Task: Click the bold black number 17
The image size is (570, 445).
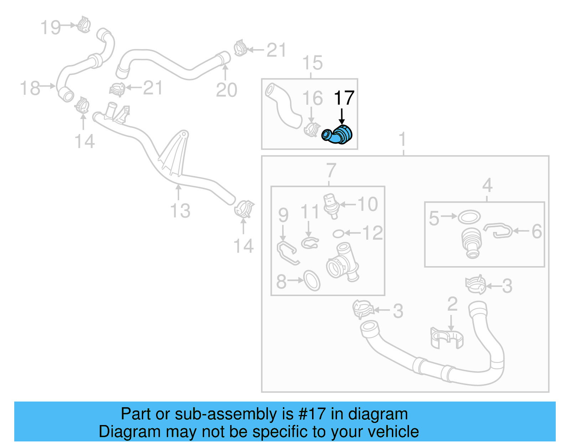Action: [344, 98]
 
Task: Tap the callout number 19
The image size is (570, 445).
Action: [51, 27]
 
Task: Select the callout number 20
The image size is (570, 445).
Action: [226, 90]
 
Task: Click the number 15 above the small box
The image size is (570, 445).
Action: [312, 63]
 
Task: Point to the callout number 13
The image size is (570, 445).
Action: [180, 211]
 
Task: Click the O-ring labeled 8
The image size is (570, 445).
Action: [312, 280]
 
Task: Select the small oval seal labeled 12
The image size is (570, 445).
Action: [338, 234]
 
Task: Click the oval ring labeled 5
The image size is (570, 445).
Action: [469, 217]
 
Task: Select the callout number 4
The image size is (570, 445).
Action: [487, 185]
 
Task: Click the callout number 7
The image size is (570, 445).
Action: [331, 170]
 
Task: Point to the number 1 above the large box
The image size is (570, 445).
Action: [403, 139]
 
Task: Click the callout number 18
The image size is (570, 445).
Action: [30, 88]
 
